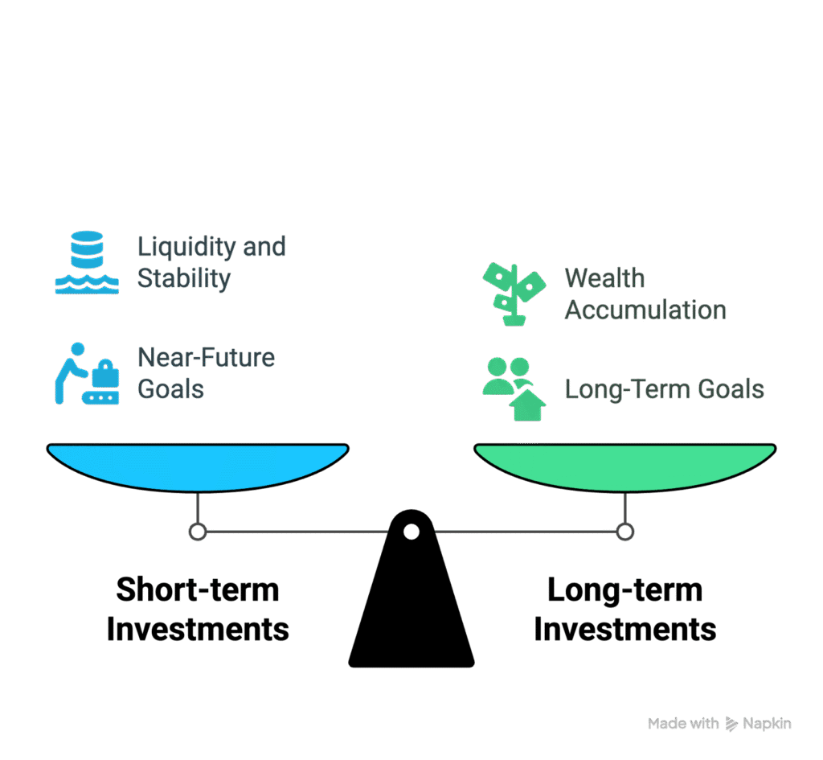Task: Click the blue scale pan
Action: pyautogui.click(x=198, y=467)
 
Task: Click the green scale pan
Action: pyautogui.click(x=624, y=467)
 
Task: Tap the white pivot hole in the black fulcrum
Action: pyautogui.click(x=411, y=532)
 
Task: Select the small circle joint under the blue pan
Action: pyautogui.click(x=198, y=532)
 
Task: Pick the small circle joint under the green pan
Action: pyautogui.click(x=624, y=532)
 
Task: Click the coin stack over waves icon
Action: pyautogui.click(x=87, y=262)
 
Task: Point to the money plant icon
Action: pyautogui.click(x=514, y=294)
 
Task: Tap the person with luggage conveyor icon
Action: pyautogui.click(x=87, y=373)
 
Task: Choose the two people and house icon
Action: pyautogui.click(x=514, y=389)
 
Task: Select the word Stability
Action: pyautogui.click(x=184, y=279)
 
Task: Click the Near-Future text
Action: pyautogui.click(x=206, y=358)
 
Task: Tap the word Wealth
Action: pyautogui.click(x=604, y=277)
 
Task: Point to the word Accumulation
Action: pyautogui.click(x=645, y=310)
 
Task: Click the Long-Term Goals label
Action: pyautogui.click(x=665, y=390)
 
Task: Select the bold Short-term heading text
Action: pyautogui.click(x=198, y=590)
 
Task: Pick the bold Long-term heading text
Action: pyautogui.click(x=625, y=590)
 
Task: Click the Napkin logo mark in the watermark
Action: pyautogui.click(x=731, y=724)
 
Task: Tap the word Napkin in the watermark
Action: pyautogui.click(x=767, y=725)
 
